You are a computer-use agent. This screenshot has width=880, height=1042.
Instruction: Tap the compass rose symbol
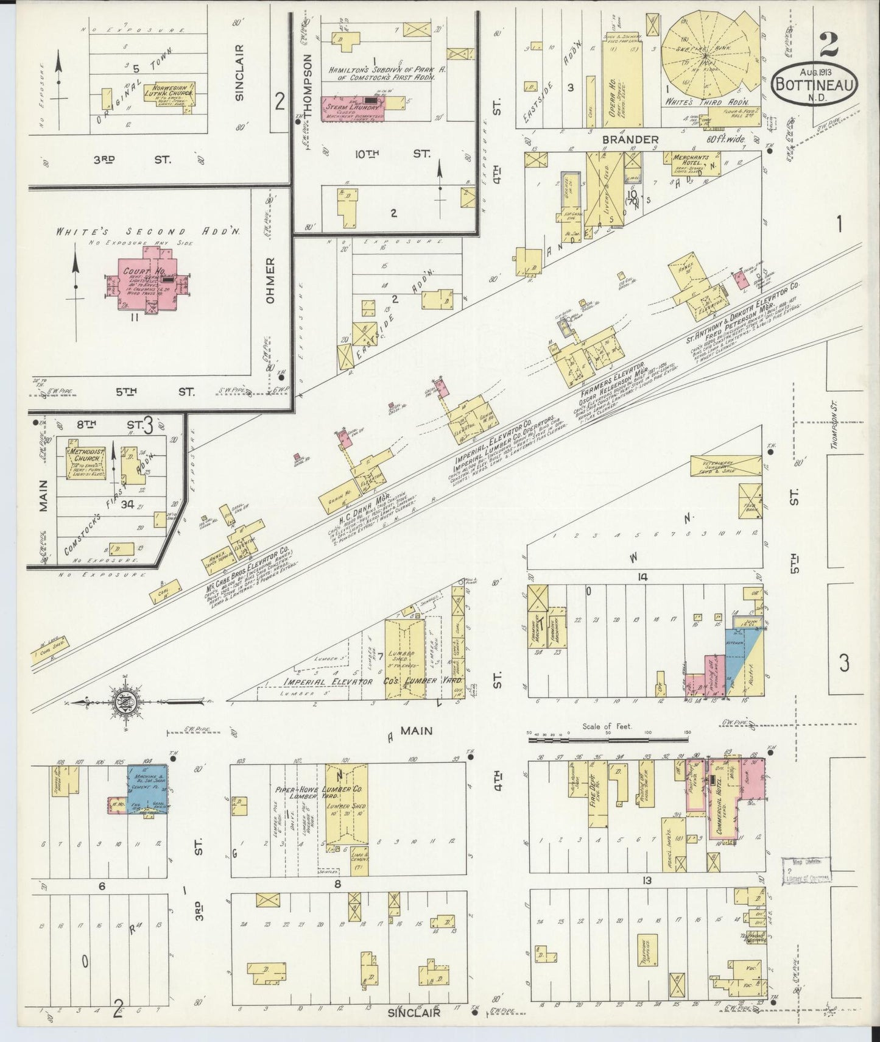[124, 702]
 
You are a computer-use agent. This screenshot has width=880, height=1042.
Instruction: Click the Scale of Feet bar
[609, 740]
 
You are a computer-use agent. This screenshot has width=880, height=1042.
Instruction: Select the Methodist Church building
[86, 463]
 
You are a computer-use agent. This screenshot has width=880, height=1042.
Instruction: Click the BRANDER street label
[630, 140]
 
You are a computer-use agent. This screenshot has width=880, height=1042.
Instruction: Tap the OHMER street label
[270, 281]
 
